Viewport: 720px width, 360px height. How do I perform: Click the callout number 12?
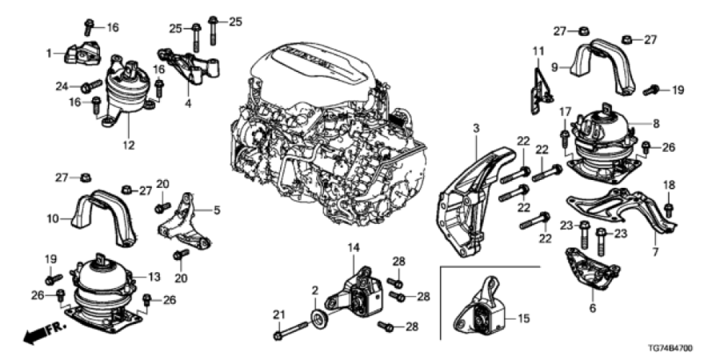coord(129,146)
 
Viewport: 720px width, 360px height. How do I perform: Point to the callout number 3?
coord(476,129)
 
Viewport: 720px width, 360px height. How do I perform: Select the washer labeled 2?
coord(318,318)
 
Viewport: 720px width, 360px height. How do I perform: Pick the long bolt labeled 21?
coord(290,331)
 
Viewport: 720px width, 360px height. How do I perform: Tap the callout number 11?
coord(538,50)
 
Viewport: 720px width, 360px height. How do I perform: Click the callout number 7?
coord(655,252)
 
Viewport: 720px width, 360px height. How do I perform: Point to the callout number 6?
coord(592,308)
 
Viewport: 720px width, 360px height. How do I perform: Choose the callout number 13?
coord(154,277)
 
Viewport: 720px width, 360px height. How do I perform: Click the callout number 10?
coord(53,218)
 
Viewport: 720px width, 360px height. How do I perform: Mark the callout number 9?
coord(554,67)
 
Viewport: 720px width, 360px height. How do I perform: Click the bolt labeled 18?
coord(669,209)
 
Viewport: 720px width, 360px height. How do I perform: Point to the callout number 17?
coord(565,111)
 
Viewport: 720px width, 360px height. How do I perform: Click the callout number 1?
coord(49,54)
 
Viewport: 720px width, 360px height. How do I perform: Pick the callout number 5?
coord(217,210)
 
